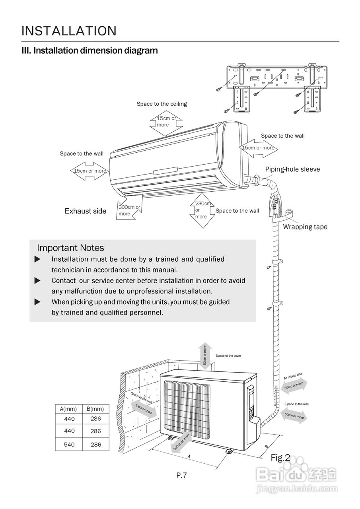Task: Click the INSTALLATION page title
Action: pyautogui.click(x=69, y=31)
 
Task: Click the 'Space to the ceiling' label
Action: pyautogui.click(x=162, y=104)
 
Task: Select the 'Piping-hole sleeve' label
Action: pyautogui.click(x=292, y=169)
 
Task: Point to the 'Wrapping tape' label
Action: pyautogui.click(x=305, y=227)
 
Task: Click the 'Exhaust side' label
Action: pyautogui.click(x=86, y=211)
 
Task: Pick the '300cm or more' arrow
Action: pyautogui.click(x=129, y=210)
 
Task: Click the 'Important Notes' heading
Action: pyautogui.click(x=70, y=248)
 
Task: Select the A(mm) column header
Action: pyautogui.click(x=68, y=409)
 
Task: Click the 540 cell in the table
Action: pyautogui.click(x=69, y=445)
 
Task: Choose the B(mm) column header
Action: pyautogui.click(x=95, y=409)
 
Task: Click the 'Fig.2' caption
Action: pyautogui.click(x=280, y=458)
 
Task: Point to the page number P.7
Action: pyautogui.click(x=181, y=475)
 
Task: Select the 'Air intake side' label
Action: pyautogui.click(x=293, y=376)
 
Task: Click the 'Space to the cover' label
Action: pyautogui.click(x=228, y=356)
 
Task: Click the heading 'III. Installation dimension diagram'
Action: pyautogui.click(x=90, y=51)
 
